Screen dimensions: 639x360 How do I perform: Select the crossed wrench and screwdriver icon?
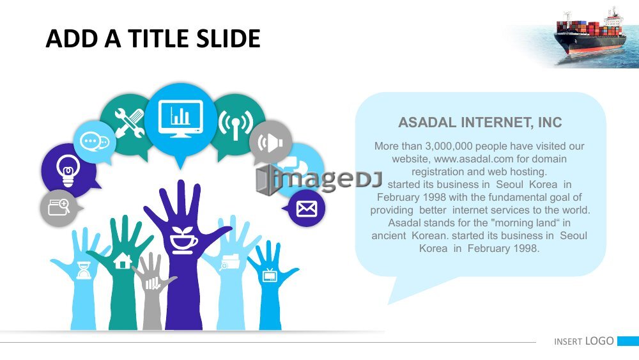tap(130, 123)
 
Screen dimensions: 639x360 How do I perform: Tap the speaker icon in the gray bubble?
tap(270, 143)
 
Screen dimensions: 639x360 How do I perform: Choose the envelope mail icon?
tap(307, 208)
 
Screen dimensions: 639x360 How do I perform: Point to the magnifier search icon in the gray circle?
tap(59, 207)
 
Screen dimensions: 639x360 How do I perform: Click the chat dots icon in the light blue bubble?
tap(95, 142)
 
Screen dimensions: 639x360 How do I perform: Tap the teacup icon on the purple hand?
tap(183, 240)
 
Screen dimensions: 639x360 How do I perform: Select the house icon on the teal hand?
tap(122, 261)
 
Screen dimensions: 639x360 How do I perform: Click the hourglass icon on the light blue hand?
tap(84, 270)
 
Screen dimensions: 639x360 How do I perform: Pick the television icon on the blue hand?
tap(270, 275)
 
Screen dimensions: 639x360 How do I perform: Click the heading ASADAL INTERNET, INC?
tap(480, 122)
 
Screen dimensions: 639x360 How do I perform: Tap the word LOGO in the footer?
tap(599, 341)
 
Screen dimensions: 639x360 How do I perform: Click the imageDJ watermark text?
tap(319, 180)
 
